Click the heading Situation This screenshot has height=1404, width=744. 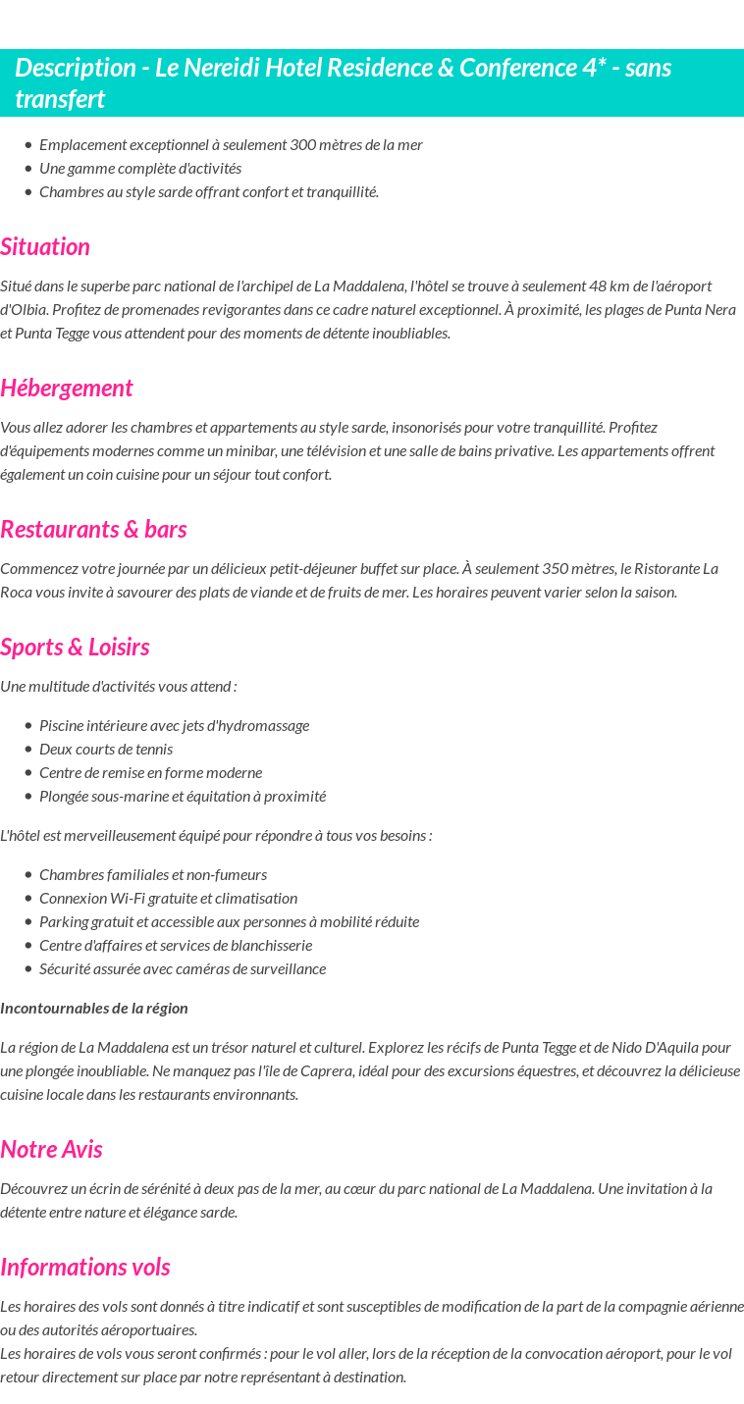45,246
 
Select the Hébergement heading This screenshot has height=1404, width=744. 67,388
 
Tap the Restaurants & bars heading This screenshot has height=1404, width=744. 93,529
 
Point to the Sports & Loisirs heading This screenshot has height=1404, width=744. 75,647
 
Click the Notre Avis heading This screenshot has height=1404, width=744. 51,1149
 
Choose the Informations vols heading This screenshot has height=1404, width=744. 85,1267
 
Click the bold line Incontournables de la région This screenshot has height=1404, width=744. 94,1008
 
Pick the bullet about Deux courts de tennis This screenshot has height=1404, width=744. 106,749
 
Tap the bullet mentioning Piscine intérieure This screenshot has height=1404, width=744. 174,725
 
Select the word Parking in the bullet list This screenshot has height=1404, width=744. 64,921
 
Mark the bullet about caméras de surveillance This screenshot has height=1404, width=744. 183,968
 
